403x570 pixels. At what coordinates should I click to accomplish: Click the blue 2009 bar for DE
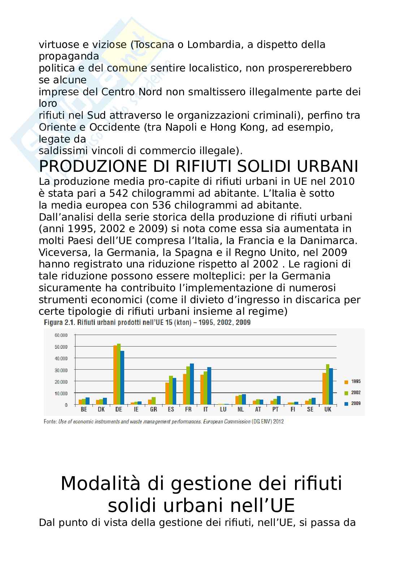coord(122,377)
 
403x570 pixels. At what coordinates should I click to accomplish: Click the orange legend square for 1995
coord(346,382)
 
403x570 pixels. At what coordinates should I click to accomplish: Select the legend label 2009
coord(356,404)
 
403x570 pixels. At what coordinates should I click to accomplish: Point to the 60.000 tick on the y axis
coord(61,335)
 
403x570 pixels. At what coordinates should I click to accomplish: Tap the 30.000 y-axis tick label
coord(61,370)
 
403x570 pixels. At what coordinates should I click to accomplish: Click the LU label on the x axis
coord(223,410)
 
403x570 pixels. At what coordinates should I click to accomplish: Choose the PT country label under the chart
coord(275,410)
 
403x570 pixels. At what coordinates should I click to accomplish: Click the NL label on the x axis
coord(240,410)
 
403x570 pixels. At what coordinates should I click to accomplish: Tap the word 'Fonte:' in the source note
coord(50,421)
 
